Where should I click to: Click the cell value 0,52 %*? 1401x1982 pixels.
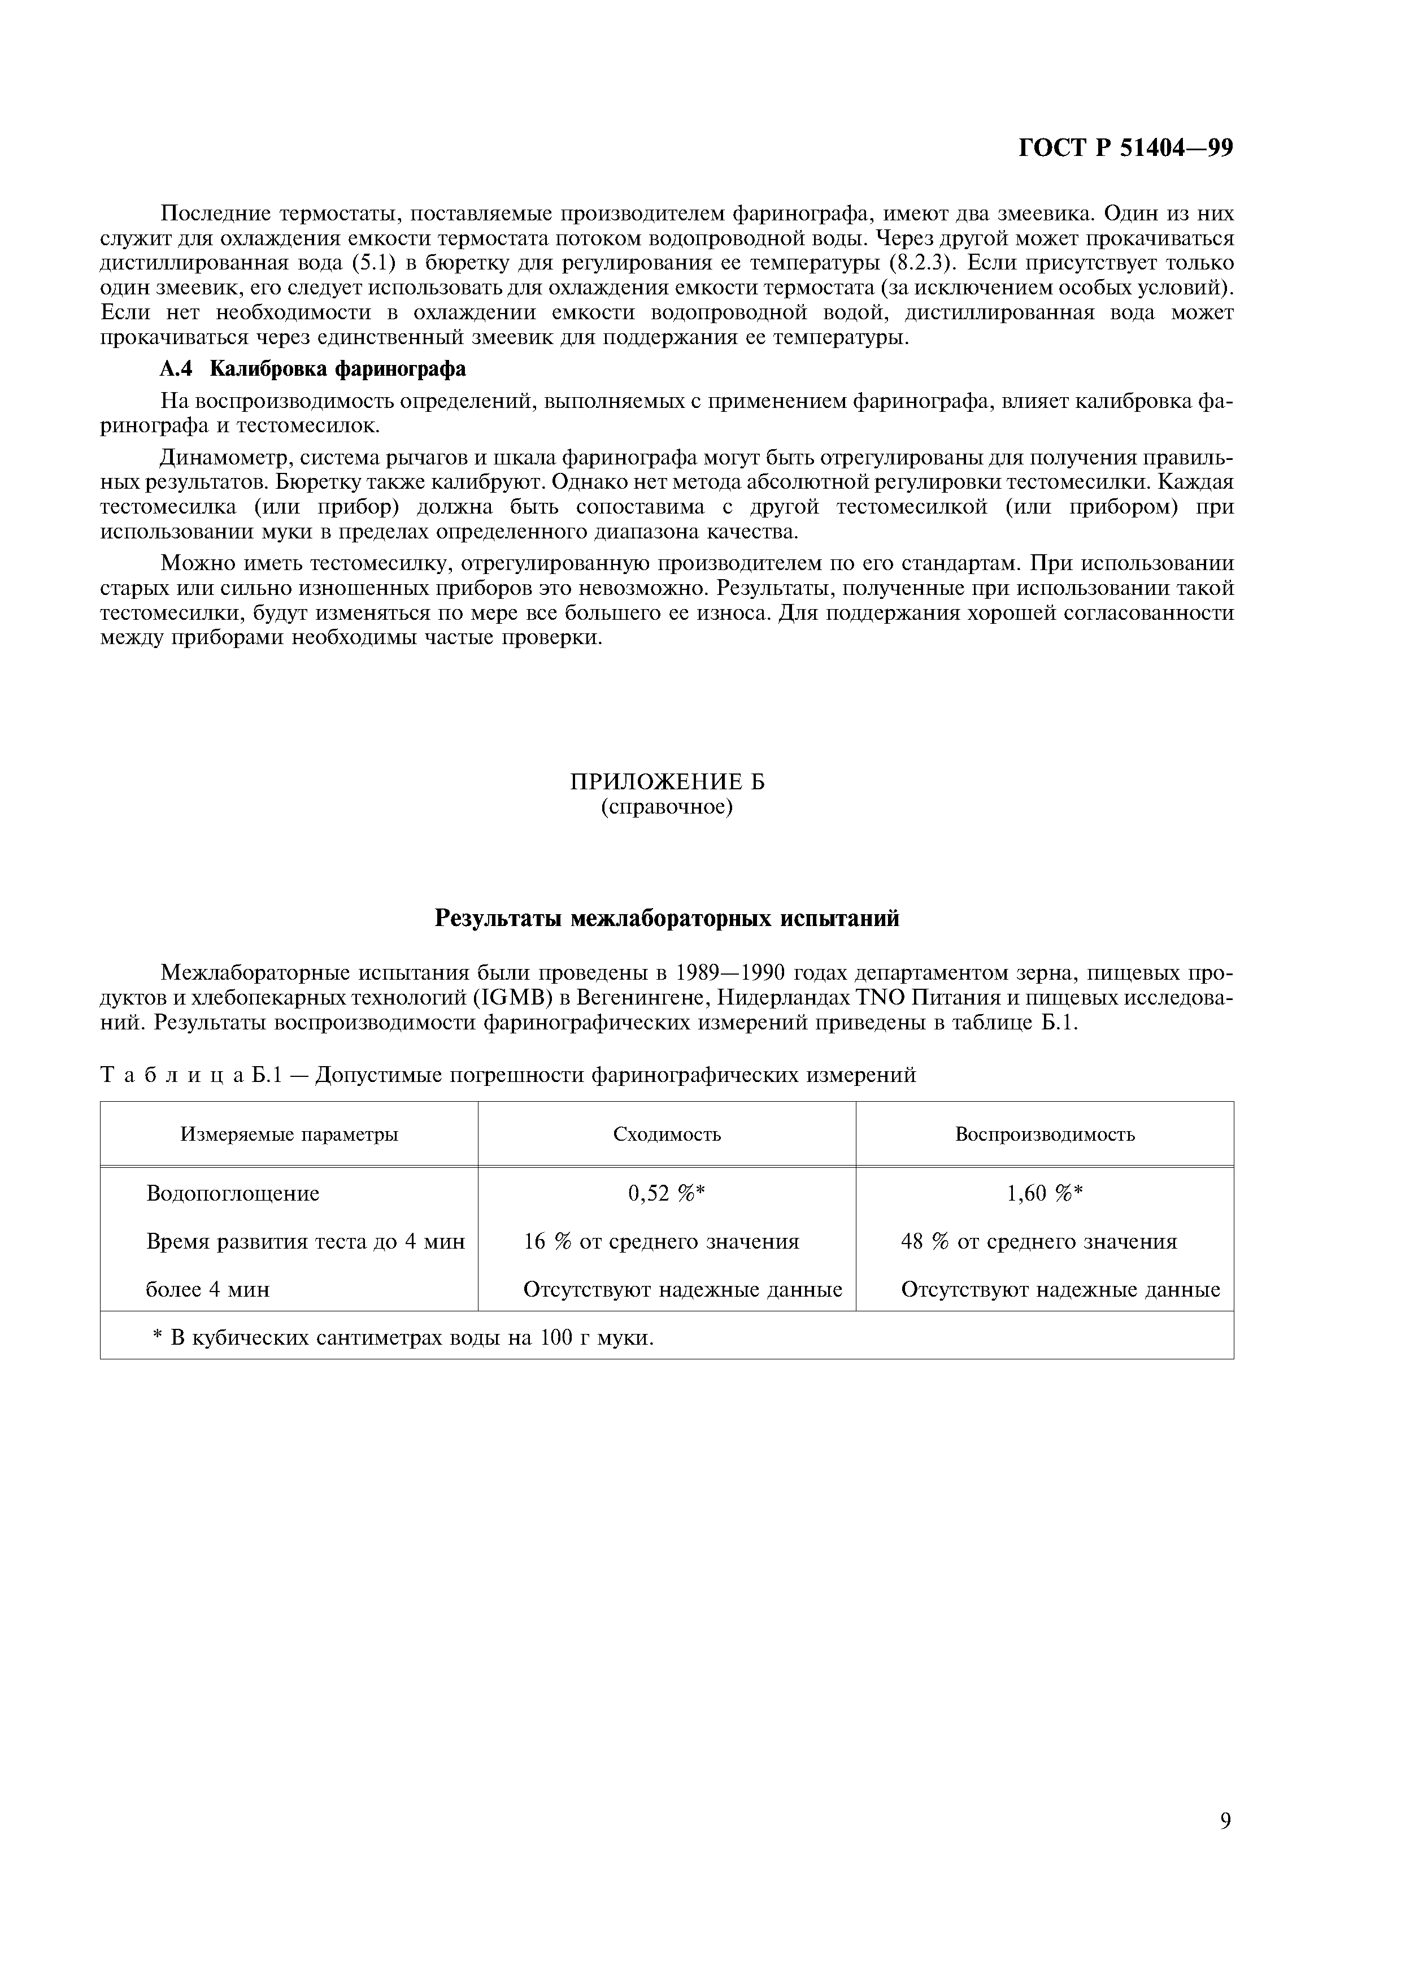click(x=667, y=1193)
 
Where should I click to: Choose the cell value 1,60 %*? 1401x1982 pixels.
click(x=1045, y=1193)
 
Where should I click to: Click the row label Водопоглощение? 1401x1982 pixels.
click(x=233, y=1193)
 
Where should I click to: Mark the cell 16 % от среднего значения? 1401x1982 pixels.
click(x=661, y=1241)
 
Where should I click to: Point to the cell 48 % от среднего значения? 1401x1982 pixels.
click(x=1038, y=1241)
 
